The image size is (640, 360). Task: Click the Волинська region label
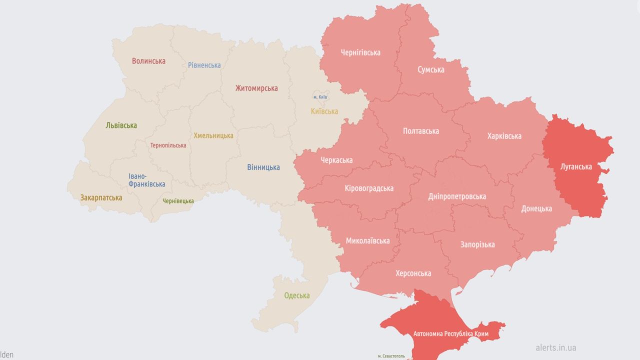[148, 61]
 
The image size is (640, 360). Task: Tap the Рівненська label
[204, 65]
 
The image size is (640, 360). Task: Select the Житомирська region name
[256, 88]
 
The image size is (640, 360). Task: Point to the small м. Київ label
[320, 97]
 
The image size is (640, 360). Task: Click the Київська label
[324, 111]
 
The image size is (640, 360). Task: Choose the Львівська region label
[121, 125]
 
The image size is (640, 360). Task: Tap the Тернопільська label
[168, 145]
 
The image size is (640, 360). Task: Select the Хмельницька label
[213, 135]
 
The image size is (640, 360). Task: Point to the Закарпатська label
[101, 197]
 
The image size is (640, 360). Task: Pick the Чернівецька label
[178, 201]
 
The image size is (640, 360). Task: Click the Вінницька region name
[263, 167]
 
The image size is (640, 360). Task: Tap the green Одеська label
[296, 295]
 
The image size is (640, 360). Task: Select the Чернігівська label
[360, 52]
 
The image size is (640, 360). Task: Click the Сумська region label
[431, 70]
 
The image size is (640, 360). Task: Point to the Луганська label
[576, 166]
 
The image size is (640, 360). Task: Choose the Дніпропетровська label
[457, 196]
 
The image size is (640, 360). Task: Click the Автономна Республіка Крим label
[451, 333]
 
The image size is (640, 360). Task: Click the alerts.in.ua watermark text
[555, 347]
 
